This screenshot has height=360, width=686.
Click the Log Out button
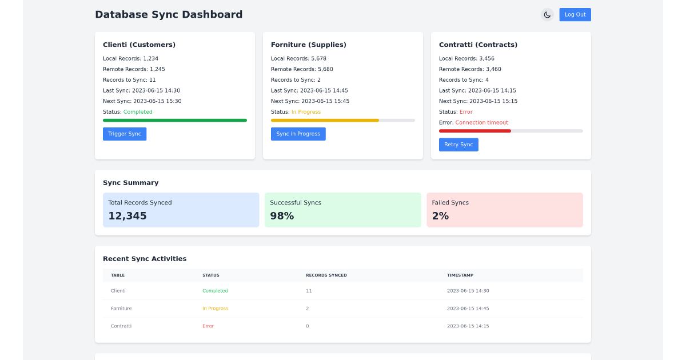coord(575,15)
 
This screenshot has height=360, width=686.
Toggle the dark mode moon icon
coord(547,15)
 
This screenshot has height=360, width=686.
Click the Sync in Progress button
coord(298,134)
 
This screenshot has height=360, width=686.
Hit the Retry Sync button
coord(458,145)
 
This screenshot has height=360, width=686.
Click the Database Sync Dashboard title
coord(169,15)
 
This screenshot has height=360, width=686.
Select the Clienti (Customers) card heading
coord(139,45)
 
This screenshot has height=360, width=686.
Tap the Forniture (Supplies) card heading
coord(308,45)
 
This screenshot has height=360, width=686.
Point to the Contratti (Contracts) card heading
coord(478,45)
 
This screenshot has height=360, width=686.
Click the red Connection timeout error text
coord(481,123)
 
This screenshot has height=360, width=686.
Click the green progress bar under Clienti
coord(175,121)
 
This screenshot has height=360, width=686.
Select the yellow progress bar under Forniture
coord(325,121)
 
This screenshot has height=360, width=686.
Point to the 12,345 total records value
coord(127,216)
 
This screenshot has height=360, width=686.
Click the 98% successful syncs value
coord(282,216)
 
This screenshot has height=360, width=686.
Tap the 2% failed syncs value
coord(440,216)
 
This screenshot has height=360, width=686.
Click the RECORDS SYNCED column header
coord(326,275)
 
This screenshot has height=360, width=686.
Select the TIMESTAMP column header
coord(460,275)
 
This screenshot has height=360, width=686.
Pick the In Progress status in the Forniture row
coord(215,309)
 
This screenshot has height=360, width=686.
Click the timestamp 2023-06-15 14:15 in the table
coord(468,326)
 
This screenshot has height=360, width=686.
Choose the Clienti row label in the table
coord(118,291)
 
